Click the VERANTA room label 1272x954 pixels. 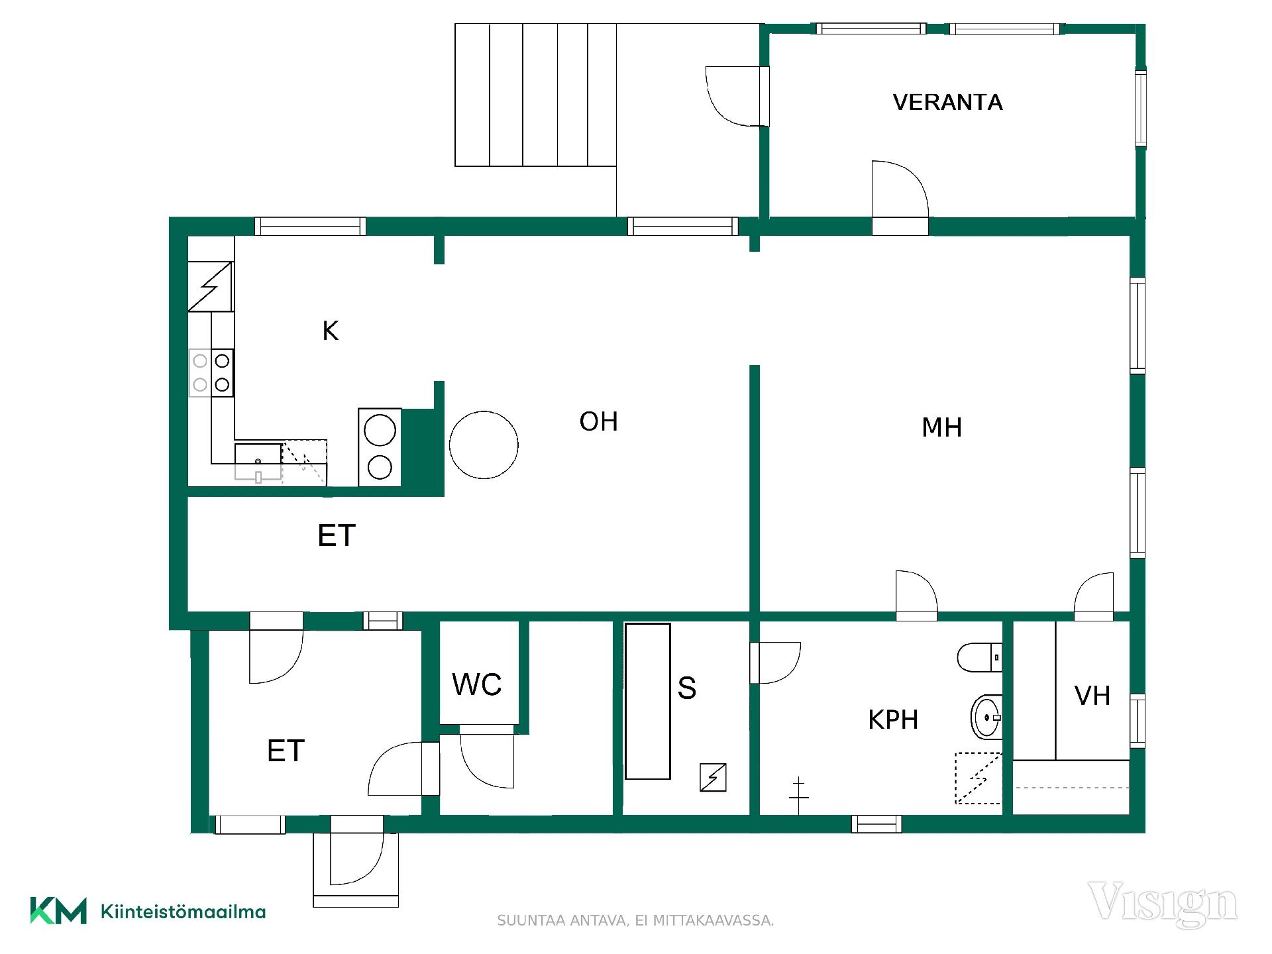[x=947, y=103]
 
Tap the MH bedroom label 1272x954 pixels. [x=941, y=428]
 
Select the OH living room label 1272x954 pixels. [x=598, y=422]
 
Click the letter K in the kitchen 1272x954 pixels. [x=331, y=331]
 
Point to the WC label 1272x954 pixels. [x=477, y=685]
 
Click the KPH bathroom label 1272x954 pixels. [x=893, y=720]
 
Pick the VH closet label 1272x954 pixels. [x=1092, y=696]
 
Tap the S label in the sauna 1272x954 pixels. [x=687, y=688]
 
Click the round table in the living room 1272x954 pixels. [x=484, y=445]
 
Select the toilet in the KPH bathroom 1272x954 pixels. [x=979, y=657]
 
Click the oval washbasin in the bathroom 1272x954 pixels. [x=986, y=717]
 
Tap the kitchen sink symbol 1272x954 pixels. [x=258, y=462]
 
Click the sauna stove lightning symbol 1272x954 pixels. [x=713, y=777]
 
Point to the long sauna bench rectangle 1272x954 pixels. [x=648, y=701]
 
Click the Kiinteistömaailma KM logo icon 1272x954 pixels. [x=58, y=911]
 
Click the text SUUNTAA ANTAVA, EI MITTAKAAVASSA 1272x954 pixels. [x=635, y=921]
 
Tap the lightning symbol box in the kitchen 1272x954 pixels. [x=211, y=286]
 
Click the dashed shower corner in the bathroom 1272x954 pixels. [x=978, y=778]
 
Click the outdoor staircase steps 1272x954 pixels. [x=535, y=95]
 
